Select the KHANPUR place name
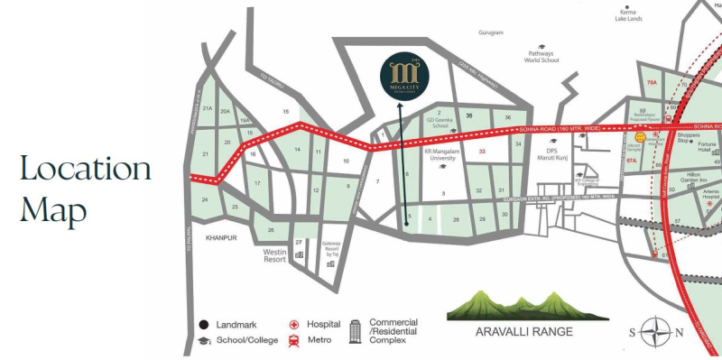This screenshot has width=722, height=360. coord(220,238)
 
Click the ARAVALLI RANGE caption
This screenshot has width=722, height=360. coord(523,331)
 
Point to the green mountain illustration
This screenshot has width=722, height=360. coord(523,305)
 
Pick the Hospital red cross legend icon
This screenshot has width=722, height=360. coord(294,324)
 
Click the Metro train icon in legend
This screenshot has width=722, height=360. coord(294,340)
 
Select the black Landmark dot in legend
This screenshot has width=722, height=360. coord(204,324)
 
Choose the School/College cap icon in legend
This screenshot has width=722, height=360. coord(204,340)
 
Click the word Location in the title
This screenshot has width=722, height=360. coord(86,169)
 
